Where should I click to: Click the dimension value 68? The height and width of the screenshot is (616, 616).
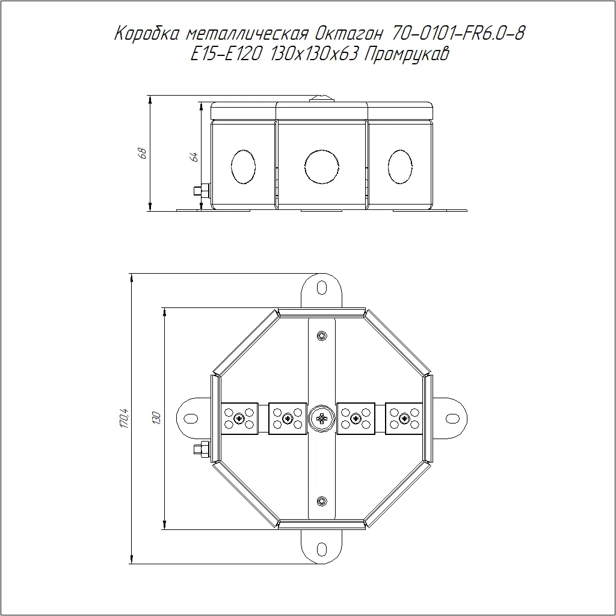[x=143, y=153]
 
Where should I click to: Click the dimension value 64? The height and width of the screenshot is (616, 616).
[x=194, y=157]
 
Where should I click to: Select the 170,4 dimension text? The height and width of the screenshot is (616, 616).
[x=124, y=418]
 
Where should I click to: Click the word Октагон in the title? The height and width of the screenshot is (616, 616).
[x=348, y=34]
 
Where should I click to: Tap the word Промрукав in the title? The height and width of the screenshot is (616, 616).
[x=407, y=54]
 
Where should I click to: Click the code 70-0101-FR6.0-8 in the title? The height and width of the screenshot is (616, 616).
[x=458, y=34]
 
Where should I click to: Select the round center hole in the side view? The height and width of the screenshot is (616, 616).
[x=322, y=167]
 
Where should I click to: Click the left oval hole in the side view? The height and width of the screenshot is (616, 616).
[x=244, y=167]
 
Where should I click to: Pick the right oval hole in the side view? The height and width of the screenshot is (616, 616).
[x=400, y=167]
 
